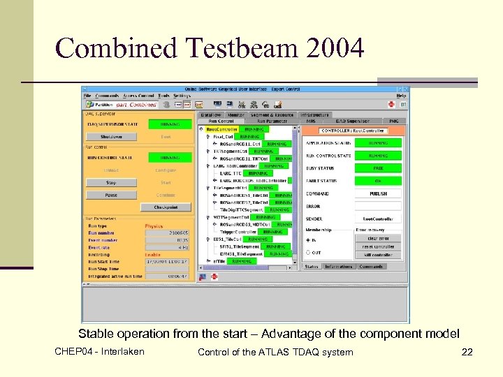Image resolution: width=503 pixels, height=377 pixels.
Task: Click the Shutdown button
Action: pyautogui.click(x=111, y=137)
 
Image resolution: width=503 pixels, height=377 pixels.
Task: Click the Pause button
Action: pyautogui.click(x=111, y=195)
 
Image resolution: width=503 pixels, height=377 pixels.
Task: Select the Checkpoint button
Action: pyautogui.click(x=166, y=207)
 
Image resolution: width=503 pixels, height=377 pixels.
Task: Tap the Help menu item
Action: pyautogui.click(x=402, y=95)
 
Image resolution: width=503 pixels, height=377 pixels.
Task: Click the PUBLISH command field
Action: pyautogui.click(x=379, y=193)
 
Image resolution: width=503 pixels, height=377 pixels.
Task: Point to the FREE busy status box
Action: pyautogui.click(x=379, y=168)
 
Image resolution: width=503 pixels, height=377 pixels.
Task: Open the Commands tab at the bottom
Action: pyautogui.click(x=370, y=266)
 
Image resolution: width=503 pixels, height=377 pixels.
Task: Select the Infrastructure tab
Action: pyautogui.click(x=316, y=114)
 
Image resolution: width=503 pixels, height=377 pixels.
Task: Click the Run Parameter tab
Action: pyautogui.click(x=276, y=121)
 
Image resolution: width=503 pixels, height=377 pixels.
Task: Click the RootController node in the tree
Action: pyautogui.click(x=223, y=129)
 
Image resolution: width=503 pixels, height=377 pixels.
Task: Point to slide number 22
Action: pyautogui.click(x=467, y=352)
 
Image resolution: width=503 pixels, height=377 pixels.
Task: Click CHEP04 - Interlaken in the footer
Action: pyautogui.click(x=99, y=351)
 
